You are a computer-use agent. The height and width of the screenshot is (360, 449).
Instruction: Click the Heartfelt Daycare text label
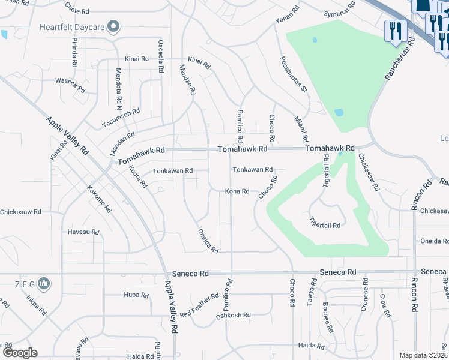pyautogui.click(x=71, y=27)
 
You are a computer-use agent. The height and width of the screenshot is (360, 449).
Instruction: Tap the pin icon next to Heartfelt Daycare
pyautogui.click(x=113, y=27)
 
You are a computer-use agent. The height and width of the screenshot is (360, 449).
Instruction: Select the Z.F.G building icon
pyautogui.click(x=43, y=283)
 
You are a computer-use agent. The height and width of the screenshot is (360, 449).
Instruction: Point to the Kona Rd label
pyautogui.click(x=237, y=191)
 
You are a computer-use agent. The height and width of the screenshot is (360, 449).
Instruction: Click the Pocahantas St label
pyautogui.click(x=293, y=75)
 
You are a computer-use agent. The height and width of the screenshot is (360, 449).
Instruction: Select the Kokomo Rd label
pyautogui.click(x=100, y=200)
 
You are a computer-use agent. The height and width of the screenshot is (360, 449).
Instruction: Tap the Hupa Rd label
pyautogui.click(x=135, y=295)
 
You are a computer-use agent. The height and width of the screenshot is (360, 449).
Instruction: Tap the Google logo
pyautogui.click(x=20, y=353)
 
